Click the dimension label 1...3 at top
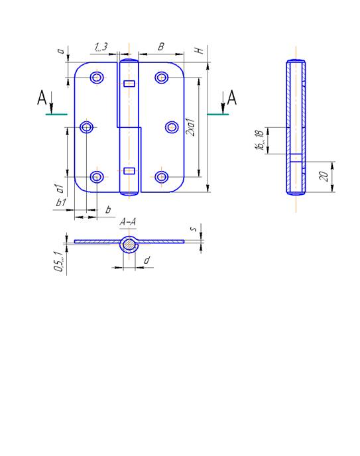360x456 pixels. pos(101,47)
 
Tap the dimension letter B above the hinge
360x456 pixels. pos(161,46)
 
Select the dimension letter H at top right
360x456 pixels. pos(199,50)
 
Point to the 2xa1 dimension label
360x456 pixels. pos(191,127)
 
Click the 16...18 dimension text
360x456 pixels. pos(259,140)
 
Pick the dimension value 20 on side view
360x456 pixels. pos(324,176)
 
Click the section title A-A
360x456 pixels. pos(128,222)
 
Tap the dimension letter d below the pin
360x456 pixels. pos(147,260)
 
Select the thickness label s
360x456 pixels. pos(194,229)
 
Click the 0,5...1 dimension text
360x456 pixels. pos(59,262)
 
